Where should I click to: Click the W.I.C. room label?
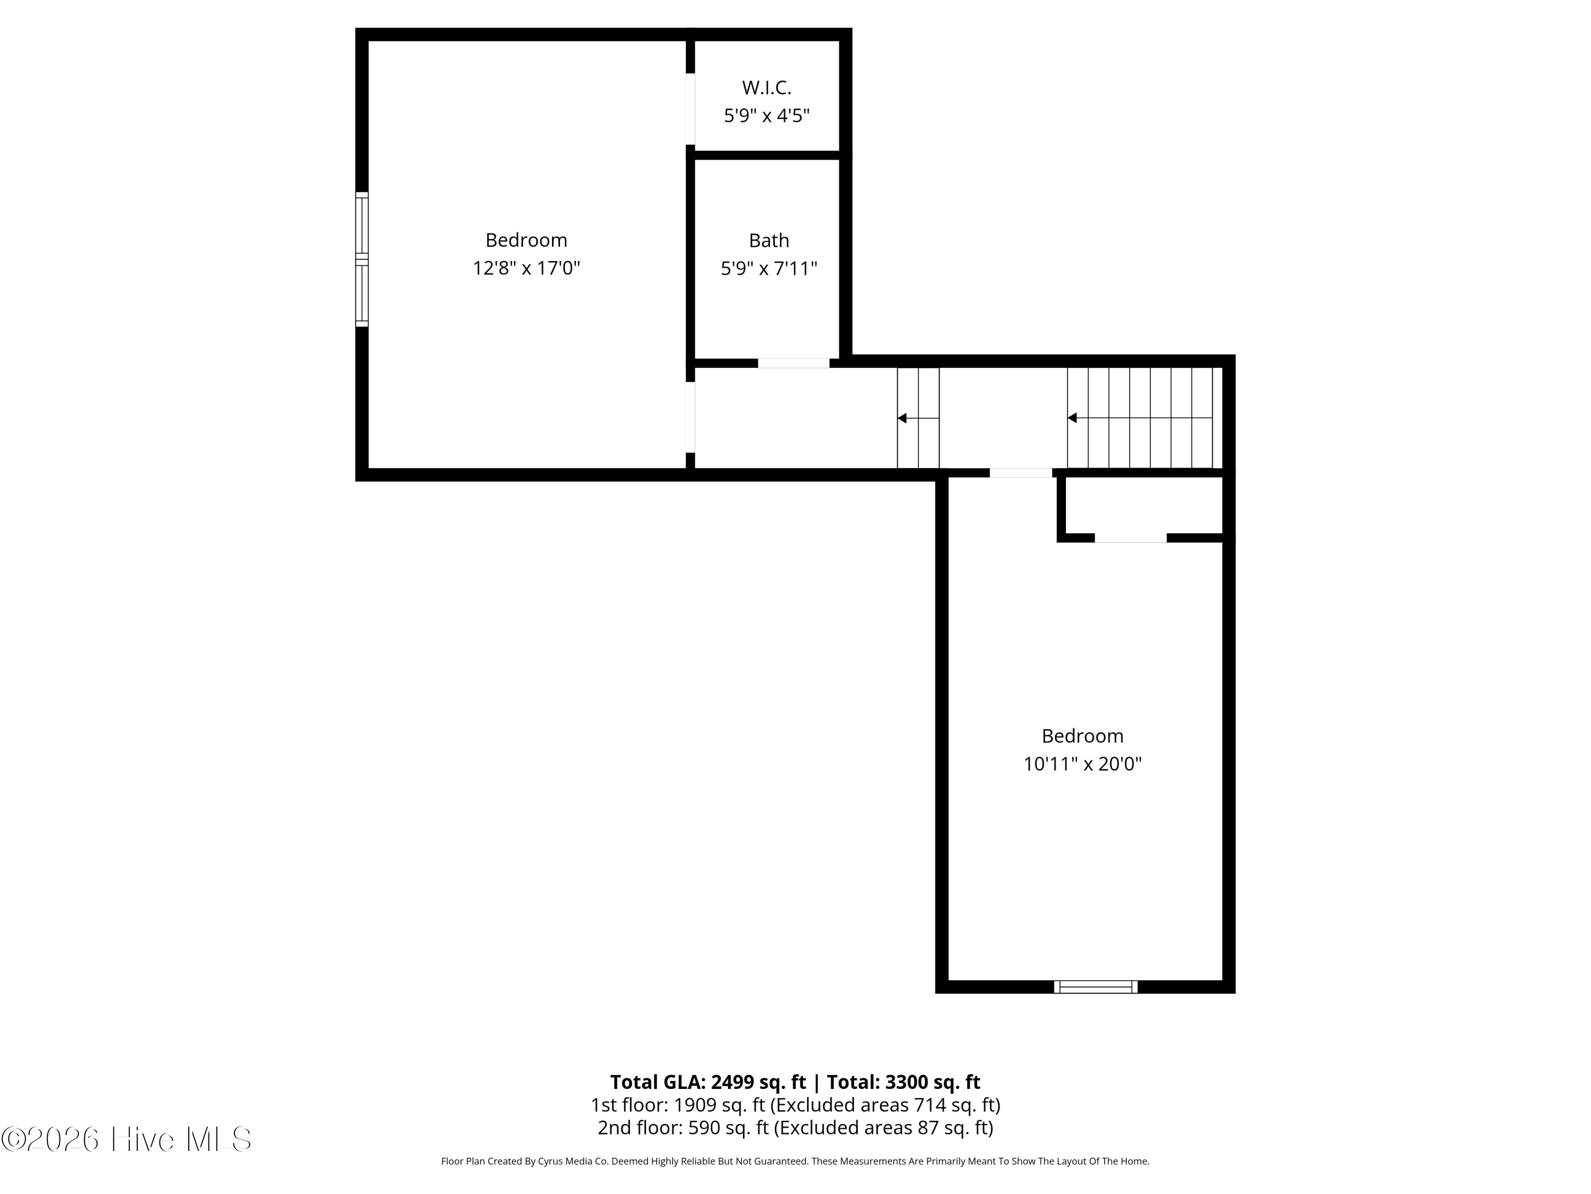[767, 88]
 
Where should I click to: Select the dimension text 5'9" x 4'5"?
[767, 116]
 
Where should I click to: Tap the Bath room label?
[769, 240]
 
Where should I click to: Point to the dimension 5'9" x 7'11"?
[769, 269]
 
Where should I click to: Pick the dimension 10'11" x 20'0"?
[1082, 764]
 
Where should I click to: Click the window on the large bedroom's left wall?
[362, 259]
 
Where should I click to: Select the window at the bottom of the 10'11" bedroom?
[1096, 987]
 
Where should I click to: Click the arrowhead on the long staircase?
[1072, 418]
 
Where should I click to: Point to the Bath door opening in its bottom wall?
[793, 363]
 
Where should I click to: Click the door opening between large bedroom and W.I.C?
[690, 109]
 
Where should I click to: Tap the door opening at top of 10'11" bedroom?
[1021, 473]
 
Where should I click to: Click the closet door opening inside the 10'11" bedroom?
[1130, 538]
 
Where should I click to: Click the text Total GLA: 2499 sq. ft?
[708, 1081]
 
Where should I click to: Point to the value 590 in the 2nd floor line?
[703, 1127]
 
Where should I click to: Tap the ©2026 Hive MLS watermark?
[126, 1139]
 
